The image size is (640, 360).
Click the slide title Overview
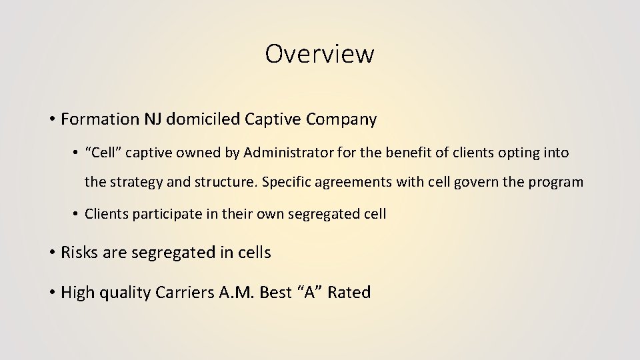pyautogui.click(x=319, y=54)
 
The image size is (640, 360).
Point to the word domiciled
pyautogui.click(x=203, y=119)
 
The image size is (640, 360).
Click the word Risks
pyautogui.click(x=79, y=253)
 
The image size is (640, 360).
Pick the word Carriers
pyautogui.click(x=185, y=292)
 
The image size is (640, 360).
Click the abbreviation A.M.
pyautogui.click(x=237, y=292)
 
